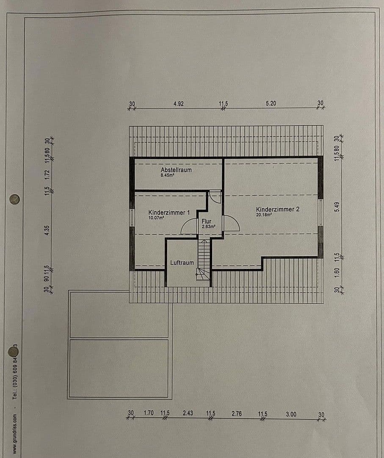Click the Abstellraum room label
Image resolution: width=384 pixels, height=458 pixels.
point(176,170)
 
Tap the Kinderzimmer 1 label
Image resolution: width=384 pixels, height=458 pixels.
point(166,212)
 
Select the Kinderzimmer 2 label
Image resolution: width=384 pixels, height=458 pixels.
point(278,209)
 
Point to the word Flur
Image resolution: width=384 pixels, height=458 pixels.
point(206,221)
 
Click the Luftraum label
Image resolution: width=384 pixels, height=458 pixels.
point(182,263)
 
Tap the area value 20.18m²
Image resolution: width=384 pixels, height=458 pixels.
point(264,215)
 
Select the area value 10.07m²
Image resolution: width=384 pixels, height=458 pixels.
point(156,218)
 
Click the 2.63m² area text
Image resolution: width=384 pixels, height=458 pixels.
point(209,226)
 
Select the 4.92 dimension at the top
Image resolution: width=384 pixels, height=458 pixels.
point(179,103)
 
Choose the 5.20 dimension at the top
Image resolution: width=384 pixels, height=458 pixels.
point(271,103)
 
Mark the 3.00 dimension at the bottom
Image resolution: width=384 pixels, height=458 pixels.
point(291,414)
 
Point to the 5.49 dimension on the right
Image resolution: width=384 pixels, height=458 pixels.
point(337,207)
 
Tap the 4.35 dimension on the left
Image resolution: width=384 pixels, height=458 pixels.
point(47,230)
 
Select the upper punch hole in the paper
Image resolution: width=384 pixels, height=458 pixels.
point(14,199)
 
